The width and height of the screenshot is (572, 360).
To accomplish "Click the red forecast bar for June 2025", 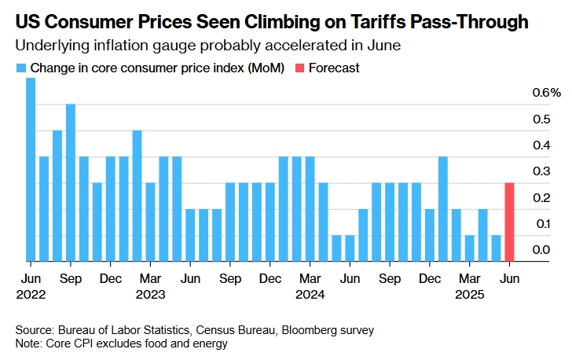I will pos(509,222).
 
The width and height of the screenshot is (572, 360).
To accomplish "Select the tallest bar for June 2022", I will pos(31,169).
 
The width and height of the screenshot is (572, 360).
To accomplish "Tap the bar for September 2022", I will pos(71,182).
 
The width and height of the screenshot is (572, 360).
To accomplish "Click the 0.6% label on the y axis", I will pos(541,93).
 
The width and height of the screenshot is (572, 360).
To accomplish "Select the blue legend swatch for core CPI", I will pos(21,68).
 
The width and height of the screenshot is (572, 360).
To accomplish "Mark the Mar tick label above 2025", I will pos(470,279).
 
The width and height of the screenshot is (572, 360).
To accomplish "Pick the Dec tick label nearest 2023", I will pos(110,279).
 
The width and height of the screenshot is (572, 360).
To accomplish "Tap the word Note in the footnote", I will pos(28,343).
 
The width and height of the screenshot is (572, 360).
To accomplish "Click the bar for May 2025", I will pos(496,248).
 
